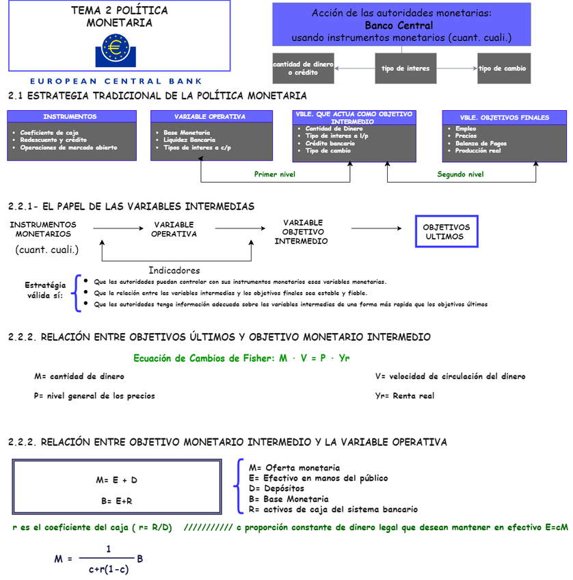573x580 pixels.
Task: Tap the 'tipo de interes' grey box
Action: (x=405, y=68)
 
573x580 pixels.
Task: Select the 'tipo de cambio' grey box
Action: (x=503, y=68)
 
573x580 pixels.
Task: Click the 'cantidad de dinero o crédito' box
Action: (x=303, y=68)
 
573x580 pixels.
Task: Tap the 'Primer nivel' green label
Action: (x=275, y=174)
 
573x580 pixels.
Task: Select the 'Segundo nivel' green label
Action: (x=460, y=174)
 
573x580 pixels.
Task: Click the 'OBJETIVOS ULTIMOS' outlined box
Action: (x=447, y=231)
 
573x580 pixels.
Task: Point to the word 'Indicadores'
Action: (x=174, y=270)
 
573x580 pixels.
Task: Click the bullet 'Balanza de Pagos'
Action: (x=481, y=144)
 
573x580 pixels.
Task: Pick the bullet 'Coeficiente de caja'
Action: (x=49, y=133)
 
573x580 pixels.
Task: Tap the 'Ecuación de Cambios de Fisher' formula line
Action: (x=241, y=358)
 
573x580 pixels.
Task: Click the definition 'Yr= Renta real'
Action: (x=405, y=395)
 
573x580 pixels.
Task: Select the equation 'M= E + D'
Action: (x=117, y=480)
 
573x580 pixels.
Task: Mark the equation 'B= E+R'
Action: (x=117, y=501)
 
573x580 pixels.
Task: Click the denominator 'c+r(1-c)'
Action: (x=109, y=568)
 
